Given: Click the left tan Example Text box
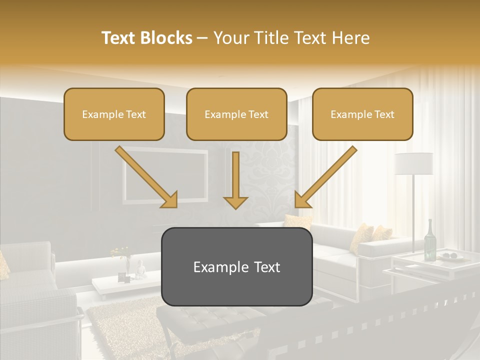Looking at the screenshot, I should point(114,114).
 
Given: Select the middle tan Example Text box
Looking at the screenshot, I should point(236,114).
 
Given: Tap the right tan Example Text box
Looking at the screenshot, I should point(362,114).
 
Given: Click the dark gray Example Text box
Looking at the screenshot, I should point(236,266).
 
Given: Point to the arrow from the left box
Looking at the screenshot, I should point(146,177).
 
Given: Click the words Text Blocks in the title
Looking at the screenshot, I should point(146,38).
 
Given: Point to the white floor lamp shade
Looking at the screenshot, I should point(413,163).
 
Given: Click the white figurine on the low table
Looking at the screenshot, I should point(141,270).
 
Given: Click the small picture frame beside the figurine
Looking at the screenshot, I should point(122,276).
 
